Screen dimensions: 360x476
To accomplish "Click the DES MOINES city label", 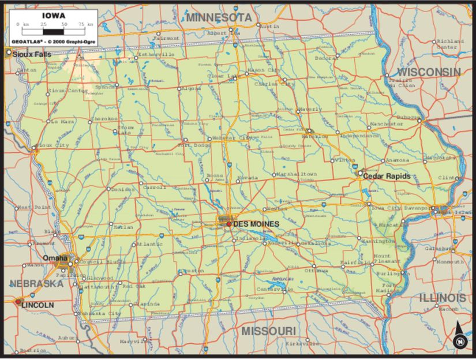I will tap(256, 224).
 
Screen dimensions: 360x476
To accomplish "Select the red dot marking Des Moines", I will tap(228, 224).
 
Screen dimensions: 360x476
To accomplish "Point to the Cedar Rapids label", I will tap(387, 176).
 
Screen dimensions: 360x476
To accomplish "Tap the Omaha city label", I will tap(55, 258).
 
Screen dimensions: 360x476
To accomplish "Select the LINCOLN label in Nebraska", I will tap(38, 304).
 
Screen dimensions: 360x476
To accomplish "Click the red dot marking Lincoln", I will tap(18, 301).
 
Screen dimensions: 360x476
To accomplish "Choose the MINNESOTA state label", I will tap(219, 18).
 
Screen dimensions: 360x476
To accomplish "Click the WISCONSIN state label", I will tap(429, 73).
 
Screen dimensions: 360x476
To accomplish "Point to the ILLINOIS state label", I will tap(443, 298).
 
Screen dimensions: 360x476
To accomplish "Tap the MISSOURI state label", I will tap(268, 331).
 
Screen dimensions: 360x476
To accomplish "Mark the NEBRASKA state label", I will tap(36, 284).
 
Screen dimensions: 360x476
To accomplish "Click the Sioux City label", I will tap(51, 146).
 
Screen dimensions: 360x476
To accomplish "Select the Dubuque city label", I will tap(407, 117).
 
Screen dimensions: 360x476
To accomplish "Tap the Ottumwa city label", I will tap(316, 269).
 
